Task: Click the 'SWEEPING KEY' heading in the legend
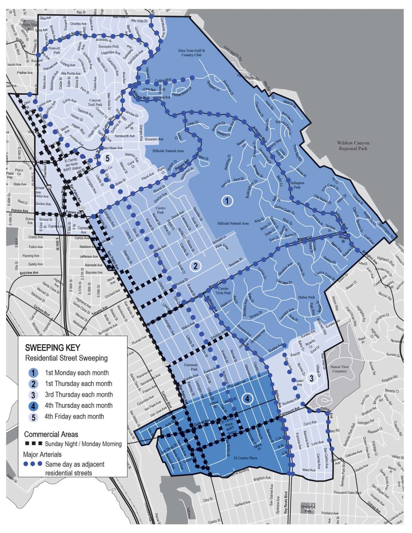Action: pyautogui.click(x=52, y=348)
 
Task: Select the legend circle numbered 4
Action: pyautogui.click(x=33, y=406)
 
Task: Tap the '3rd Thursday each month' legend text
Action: pyautogui.click(x=78, y=395)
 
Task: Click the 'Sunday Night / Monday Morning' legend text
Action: pyautogui.click(x=83, y=444)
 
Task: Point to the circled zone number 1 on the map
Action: pyautogui.click(x=227, y=201)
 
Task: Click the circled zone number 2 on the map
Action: pyautogui.click(x=195, y=266)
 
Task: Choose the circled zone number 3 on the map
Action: pyautogui.click(x=311, y=378)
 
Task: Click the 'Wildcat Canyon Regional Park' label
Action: pyautogui.click(x=353, y=146)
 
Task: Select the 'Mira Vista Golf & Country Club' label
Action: pyautogui.click(x=192, y=53)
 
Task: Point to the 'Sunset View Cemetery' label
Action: pyautogui.click(x=339, y=369)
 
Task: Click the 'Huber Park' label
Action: pyautogui.click(x=306, y=297)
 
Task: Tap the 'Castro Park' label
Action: pyautogui.click(x=160, y=210)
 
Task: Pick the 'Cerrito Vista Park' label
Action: pyautogui.click(x=224, y=290)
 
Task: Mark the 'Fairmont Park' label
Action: pyautogui.click(x=191, y=367)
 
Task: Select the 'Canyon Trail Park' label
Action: pyautogui.click(x=95, y=102)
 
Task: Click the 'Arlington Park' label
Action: pyautogui.click(x=297, y=185)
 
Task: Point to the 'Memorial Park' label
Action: pyautogui.click(x=308, y=509)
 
